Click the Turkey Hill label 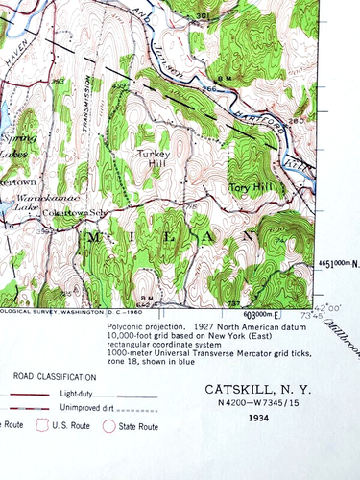[x=153, y=158]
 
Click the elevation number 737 [x=232, y=304]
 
